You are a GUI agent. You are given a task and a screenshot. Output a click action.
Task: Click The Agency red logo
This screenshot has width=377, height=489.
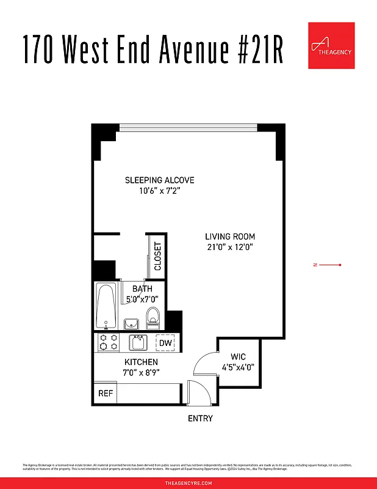[331, 45]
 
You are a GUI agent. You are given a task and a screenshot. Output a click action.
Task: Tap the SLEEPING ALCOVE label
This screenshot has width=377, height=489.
[160, 180]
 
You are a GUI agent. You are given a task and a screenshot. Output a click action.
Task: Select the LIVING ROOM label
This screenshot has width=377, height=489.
[230, 237]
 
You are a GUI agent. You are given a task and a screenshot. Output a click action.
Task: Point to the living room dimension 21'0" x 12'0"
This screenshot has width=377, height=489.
[230, 248]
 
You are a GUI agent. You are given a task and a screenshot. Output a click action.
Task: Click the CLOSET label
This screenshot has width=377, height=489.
[158, 256]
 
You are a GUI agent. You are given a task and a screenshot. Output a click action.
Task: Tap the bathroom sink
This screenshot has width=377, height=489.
[131, 323]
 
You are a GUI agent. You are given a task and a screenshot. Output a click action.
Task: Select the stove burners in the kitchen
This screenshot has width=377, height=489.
[109, 342]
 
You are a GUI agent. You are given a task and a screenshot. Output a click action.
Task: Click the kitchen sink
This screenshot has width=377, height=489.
[138, 342]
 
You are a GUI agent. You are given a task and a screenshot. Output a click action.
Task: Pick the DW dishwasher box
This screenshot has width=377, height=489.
[165, 343]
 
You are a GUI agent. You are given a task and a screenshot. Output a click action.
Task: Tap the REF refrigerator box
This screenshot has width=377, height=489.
[106, 393]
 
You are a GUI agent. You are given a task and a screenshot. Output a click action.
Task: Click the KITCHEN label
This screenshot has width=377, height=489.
[141, 362]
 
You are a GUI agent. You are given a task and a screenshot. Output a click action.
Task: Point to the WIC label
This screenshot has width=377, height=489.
[238, 357]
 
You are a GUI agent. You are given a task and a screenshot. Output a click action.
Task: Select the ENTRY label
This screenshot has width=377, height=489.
[200, 419]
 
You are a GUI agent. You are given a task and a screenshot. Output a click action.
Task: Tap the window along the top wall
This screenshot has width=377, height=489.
[188, 128]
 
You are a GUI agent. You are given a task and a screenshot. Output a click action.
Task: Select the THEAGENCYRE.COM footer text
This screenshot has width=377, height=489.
[188, 483]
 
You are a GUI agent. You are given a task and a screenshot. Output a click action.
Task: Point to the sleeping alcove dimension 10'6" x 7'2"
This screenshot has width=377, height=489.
[160, 191]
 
